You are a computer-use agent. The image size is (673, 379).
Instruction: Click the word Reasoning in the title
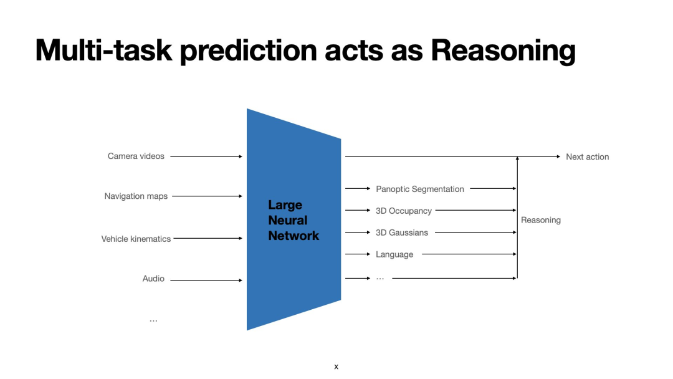(x=503, y=50)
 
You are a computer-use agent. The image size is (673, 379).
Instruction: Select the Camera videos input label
(x=136, y=156)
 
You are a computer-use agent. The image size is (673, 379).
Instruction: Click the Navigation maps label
(x=136, y=196)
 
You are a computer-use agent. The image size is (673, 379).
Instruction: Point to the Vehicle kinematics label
(x=136, y=239)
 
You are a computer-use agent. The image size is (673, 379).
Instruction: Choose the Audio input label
(x=153, y=279)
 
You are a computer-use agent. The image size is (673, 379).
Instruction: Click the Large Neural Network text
(x=294, y=221)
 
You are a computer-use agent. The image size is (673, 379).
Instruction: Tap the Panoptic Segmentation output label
(x=420, y=189)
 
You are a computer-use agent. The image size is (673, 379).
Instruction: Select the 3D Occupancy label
(x=404, y=211)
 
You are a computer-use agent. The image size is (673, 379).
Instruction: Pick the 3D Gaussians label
(x=402, y=233)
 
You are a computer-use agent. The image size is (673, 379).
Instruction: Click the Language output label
(x=394, y=254)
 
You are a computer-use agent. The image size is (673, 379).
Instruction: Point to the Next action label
(x=587, y=157)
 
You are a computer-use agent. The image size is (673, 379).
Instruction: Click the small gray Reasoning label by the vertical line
(x=541, y=220)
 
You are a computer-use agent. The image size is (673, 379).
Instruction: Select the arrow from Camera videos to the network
(x=206, y=156)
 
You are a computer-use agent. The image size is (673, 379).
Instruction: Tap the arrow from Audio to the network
(x=206, y=281)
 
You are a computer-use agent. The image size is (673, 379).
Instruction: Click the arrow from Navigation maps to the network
(x=207, y=196)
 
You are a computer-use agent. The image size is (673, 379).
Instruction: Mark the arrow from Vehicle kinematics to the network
(x=208, y=238)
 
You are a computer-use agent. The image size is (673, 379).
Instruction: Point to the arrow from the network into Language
(x=358, y=254)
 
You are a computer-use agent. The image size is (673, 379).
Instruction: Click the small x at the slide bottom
(x=336, y=367)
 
